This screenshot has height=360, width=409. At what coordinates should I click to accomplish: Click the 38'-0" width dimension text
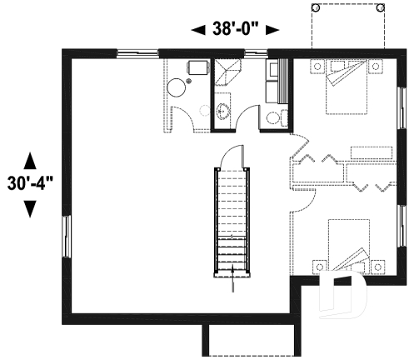click(x=235, y=30)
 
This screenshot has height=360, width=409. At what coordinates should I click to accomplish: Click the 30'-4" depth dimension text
click(x=30, y=182)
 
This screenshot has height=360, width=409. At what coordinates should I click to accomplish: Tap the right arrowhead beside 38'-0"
click(x=272, y=31)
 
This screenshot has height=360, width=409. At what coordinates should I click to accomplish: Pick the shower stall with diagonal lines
click(x=227, y=76)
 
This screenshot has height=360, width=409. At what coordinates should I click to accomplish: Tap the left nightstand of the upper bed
click(x=319, y=66)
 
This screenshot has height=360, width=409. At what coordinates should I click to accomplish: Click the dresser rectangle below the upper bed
click(x=370, y=152)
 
